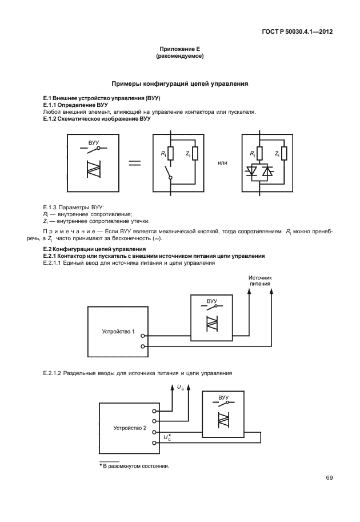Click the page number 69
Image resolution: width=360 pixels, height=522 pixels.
pos(329,478)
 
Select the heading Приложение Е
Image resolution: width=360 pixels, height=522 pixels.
pos(179,50)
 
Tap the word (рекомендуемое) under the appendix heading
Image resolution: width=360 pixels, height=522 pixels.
pos(179,57)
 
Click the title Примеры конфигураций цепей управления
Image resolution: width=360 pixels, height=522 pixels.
pos(179,83)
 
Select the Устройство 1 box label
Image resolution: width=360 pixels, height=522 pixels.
pos(114,331)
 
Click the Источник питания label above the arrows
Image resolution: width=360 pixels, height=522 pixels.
pos(259,280)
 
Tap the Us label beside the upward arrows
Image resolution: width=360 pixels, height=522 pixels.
pos(181,388)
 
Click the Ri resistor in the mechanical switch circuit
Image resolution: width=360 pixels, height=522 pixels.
pos(170,153)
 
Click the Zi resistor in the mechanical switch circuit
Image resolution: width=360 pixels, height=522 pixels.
pos(195,153)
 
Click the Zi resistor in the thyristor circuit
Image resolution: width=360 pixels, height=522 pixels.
pos(283,153)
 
